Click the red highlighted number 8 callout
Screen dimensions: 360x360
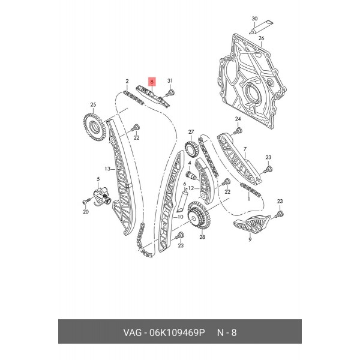[x=152, y=82]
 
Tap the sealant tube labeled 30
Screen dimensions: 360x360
[x=262, y=27]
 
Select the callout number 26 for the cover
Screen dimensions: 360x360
[x=261, y=38]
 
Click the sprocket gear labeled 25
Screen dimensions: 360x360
[x=94, y=127]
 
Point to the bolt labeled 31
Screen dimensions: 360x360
[x=170, y=94]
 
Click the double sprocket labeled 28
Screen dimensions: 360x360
[x=199, y=215]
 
